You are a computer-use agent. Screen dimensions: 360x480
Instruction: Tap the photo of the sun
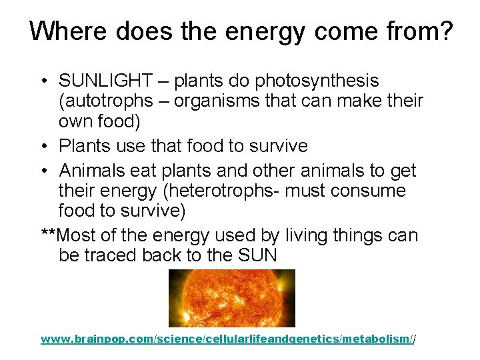231,298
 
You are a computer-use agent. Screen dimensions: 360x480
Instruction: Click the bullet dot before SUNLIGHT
42,82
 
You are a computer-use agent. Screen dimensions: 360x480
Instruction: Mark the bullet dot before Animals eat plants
42,171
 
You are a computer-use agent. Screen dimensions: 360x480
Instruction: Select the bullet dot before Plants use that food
42,146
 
